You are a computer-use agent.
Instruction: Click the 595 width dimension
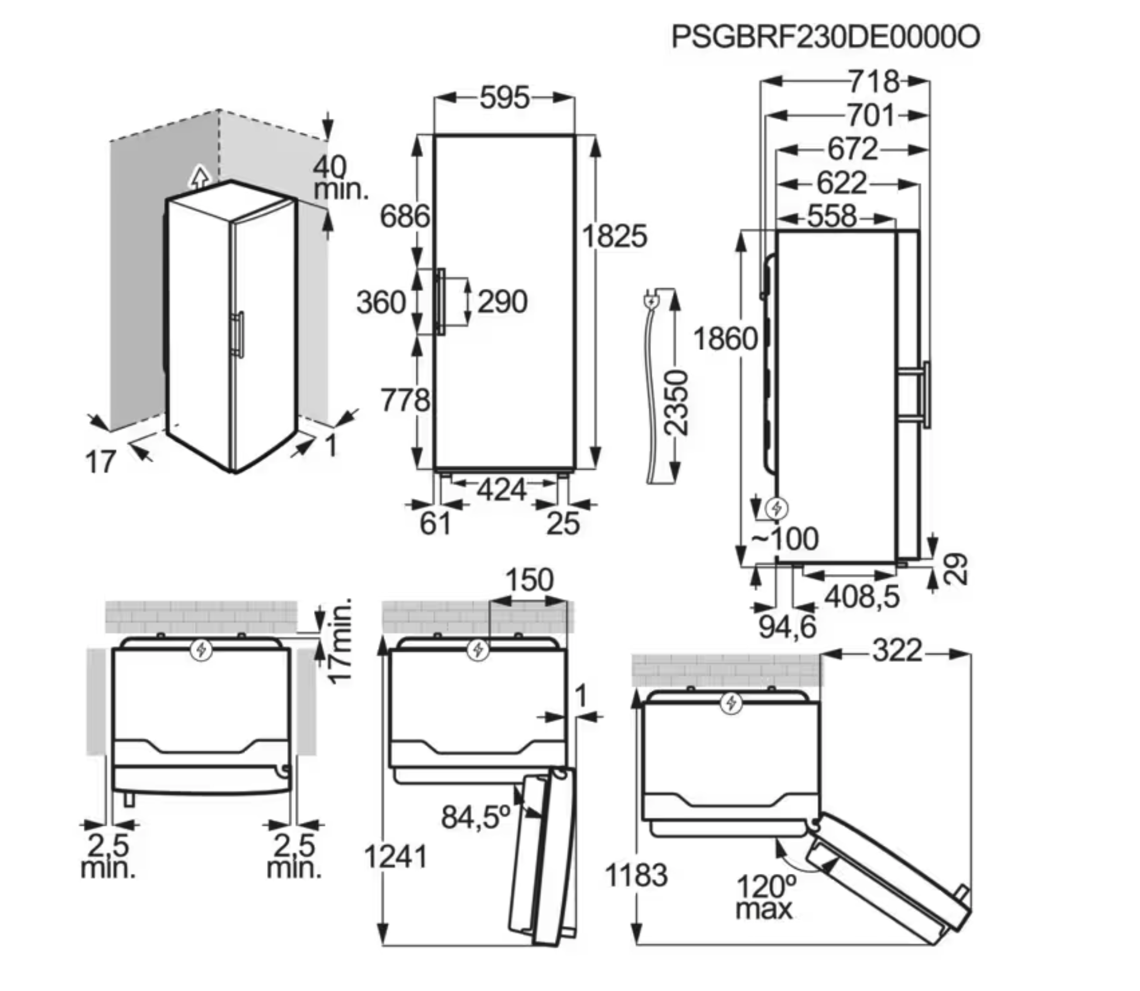click(504, 98)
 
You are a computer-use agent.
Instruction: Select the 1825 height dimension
click(615, 237)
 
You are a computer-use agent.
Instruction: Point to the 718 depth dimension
click(873, 81)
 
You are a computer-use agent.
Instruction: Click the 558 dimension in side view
click(832, 217)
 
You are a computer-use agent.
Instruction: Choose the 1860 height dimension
click(725, 339)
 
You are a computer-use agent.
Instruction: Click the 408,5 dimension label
click(862, 597)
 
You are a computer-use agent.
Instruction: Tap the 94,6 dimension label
click(787, 627)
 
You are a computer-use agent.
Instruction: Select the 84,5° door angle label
click(476, 817)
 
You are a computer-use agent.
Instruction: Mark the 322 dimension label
click(897, 651)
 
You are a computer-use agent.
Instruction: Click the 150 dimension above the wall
click(529, 580)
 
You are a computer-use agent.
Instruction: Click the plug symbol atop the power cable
click(651, 302)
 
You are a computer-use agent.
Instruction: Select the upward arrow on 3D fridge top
click(200, 176)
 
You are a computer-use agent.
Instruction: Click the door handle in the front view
click(440, 302)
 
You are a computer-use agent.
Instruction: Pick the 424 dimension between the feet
click(501, 489)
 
